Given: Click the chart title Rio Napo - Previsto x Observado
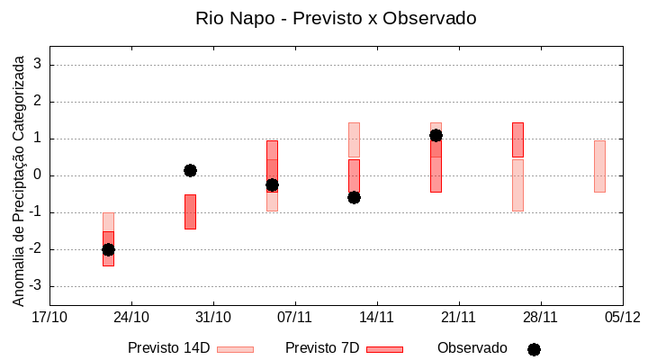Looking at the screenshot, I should [x=336, y=18].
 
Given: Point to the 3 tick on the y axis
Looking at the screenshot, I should [x=38, y=65].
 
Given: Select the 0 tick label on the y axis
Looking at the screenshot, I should [x=38, y=175].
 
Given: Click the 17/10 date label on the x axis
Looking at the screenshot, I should [x=49, y=317].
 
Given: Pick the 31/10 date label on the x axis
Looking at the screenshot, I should [x=213, y=317].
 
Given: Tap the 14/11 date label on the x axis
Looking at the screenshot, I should [x=377, y=317].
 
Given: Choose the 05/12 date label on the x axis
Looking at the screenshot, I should [x=622, y=317].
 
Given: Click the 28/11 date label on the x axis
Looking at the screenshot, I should [x=540, y=317].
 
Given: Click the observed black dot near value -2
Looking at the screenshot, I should [x=108, y=249].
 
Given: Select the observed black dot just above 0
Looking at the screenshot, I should [x=190, y=170].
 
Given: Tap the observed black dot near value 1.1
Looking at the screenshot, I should [x=436, y=135].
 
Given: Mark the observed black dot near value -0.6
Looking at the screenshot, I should [x=354, y=197].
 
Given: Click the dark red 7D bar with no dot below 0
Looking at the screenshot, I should [x=190, y=212].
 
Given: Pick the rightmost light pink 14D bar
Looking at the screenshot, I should [x=599, y=166].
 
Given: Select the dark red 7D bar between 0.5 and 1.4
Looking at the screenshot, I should [x=517, y=140].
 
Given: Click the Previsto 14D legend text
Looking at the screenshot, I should [x=168, y=348].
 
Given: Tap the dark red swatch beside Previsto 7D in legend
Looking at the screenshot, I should [x=384, y=349].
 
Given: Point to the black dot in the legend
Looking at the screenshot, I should [x=534, y=349].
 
